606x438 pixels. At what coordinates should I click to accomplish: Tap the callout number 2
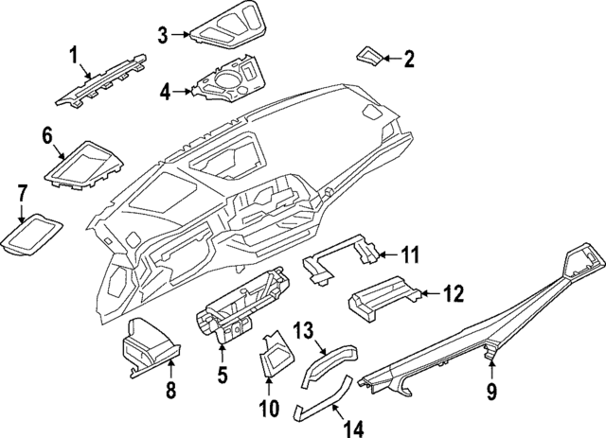[409, 61]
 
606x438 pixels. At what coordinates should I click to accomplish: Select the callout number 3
[163, 35]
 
